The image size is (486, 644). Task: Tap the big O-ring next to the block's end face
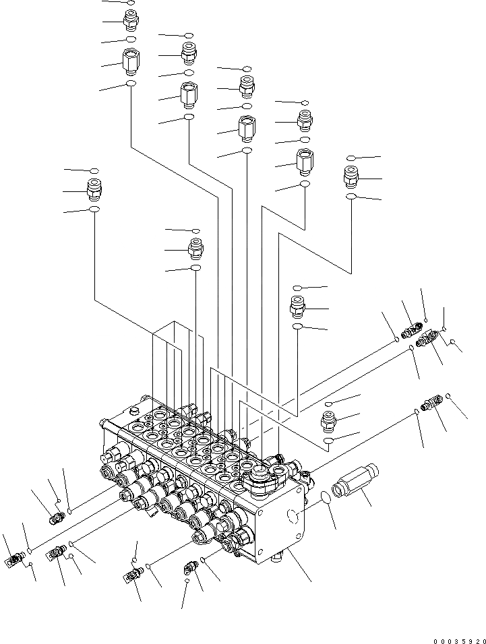click(x=325, y=498)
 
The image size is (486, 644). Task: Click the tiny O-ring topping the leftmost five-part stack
click(x=130, y=3)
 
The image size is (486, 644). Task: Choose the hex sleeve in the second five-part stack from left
click(x=188, y=95)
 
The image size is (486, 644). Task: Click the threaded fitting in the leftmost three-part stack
click(x=94, y=189)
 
